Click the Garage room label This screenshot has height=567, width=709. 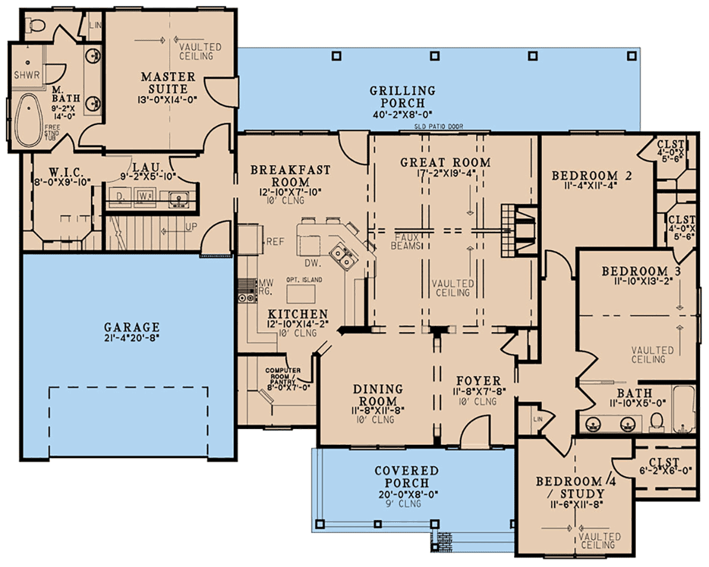coord(132,327)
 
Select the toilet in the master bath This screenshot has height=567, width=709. coord(37,25)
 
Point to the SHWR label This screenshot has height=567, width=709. coord(27,75)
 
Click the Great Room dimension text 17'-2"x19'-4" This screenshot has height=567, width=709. coord(445,173)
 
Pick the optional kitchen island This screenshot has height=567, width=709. coord(301,294)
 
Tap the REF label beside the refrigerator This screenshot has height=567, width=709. coord(275,242)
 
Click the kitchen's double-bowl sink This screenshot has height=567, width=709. coord(343,257)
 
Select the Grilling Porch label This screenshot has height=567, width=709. coord(402,97)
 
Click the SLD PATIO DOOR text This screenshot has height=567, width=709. coord(438,126)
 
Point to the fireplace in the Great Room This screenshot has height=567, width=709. coord(519,231)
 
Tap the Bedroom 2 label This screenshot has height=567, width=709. coord(591,176)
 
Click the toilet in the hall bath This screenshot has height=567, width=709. coord(656,422)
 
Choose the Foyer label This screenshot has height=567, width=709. coord(479,381)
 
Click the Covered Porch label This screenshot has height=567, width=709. coord(407,477)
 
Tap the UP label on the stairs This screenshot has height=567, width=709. coord(191,227)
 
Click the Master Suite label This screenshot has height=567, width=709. coord(168,83)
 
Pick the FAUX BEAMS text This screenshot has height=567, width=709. coord(405,241)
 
